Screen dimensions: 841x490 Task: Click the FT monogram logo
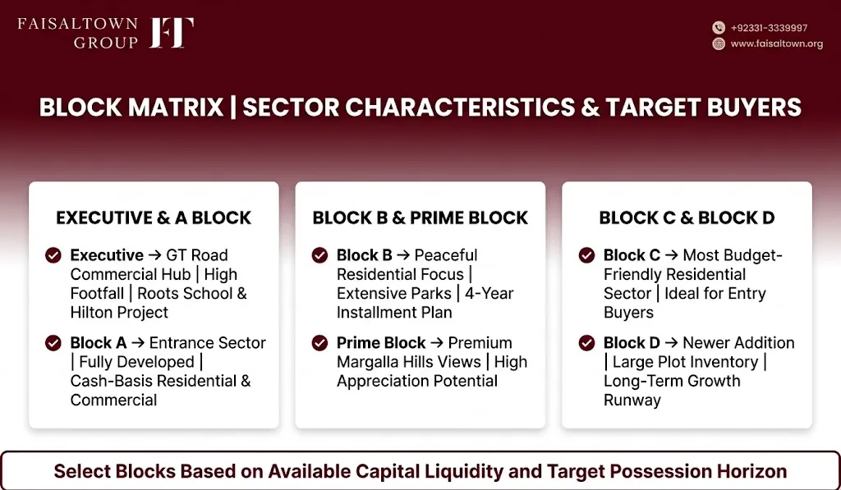(172, 33)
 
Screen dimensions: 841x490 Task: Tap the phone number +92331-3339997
(769, 28)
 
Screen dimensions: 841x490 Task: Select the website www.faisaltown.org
(777, 44)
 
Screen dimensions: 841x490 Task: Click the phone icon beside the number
(719, 28)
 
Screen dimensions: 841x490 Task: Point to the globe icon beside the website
(719, 44)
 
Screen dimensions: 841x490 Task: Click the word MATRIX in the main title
(176, 108)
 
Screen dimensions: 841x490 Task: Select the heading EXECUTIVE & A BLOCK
(154, 218)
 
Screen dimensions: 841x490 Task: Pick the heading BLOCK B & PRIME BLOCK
(420, 218)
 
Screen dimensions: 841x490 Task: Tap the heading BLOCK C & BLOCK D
(687, 218)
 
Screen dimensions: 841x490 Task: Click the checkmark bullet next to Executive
(53, 255)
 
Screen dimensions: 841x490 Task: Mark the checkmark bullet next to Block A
(53, 342)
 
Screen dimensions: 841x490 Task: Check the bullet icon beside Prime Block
(319, 342)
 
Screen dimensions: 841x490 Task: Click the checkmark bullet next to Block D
(586, 342)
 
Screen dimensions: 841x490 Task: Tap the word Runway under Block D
(632, 401)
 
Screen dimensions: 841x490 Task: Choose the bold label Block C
(632, 255)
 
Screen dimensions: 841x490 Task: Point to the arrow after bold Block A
(138, 343)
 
